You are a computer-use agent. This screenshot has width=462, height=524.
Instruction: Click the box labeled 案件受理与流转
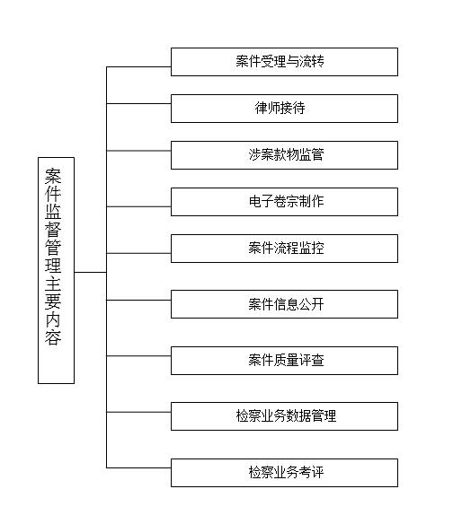click(284, 62)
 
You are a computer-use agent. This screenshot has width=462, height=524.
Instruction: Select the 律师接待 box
click(284, 109)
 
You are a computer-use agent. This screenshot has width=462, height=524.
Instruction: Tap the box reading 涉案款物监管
click(284, 155)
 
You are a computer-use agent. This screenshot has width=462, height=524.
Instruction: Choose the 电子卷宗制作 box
click(284, 202)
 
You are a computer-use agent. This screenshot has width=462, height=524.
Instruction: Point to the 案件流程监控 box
click(284, 249)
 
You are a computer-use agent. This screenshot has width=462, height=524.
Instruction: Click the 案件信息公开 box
click(284, 304)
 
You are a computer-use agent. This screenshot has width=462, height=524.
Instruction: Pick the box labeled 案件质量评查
click(284, 361)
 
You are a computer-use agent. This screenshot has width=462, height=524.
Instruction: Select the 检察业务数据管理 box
click(284, 416)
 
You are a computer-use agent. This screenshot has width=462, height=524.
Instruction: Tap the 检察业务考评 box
click(284, 473)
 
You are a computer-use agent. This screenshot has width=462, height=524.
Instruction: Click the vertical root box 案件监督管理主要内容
click(56, 270)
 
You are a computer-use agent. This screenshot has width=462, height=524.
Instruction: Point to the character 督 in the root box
click(53, 230)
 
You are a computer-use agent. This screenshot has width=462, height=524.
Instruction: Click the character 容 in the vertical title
click(53, 336)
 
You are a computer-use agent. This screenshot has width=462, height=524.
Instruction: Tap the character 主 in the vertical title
click(53, 284)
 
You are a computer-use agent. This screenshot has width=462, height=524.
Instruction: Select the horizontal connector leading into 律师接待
click(138, 103)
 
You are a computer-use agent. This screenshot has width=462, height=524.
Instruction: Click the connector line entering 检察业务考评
click(138, 467)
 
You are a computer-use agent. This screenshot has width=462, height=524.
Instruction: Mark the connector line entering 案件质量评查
click(138, 356)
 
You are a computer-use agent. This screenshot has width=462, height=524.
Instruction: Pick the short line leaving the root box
click(91, 273)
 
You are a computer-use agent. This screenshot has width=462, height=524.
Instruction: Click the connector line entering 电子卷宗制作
click(138, 206)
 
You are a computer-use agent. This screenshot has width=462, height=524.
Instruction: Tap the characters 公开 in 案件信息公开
click(311, 304)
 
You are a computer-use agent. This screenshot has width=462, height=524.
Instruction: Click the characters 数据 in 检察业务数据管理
click(298, 416)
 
